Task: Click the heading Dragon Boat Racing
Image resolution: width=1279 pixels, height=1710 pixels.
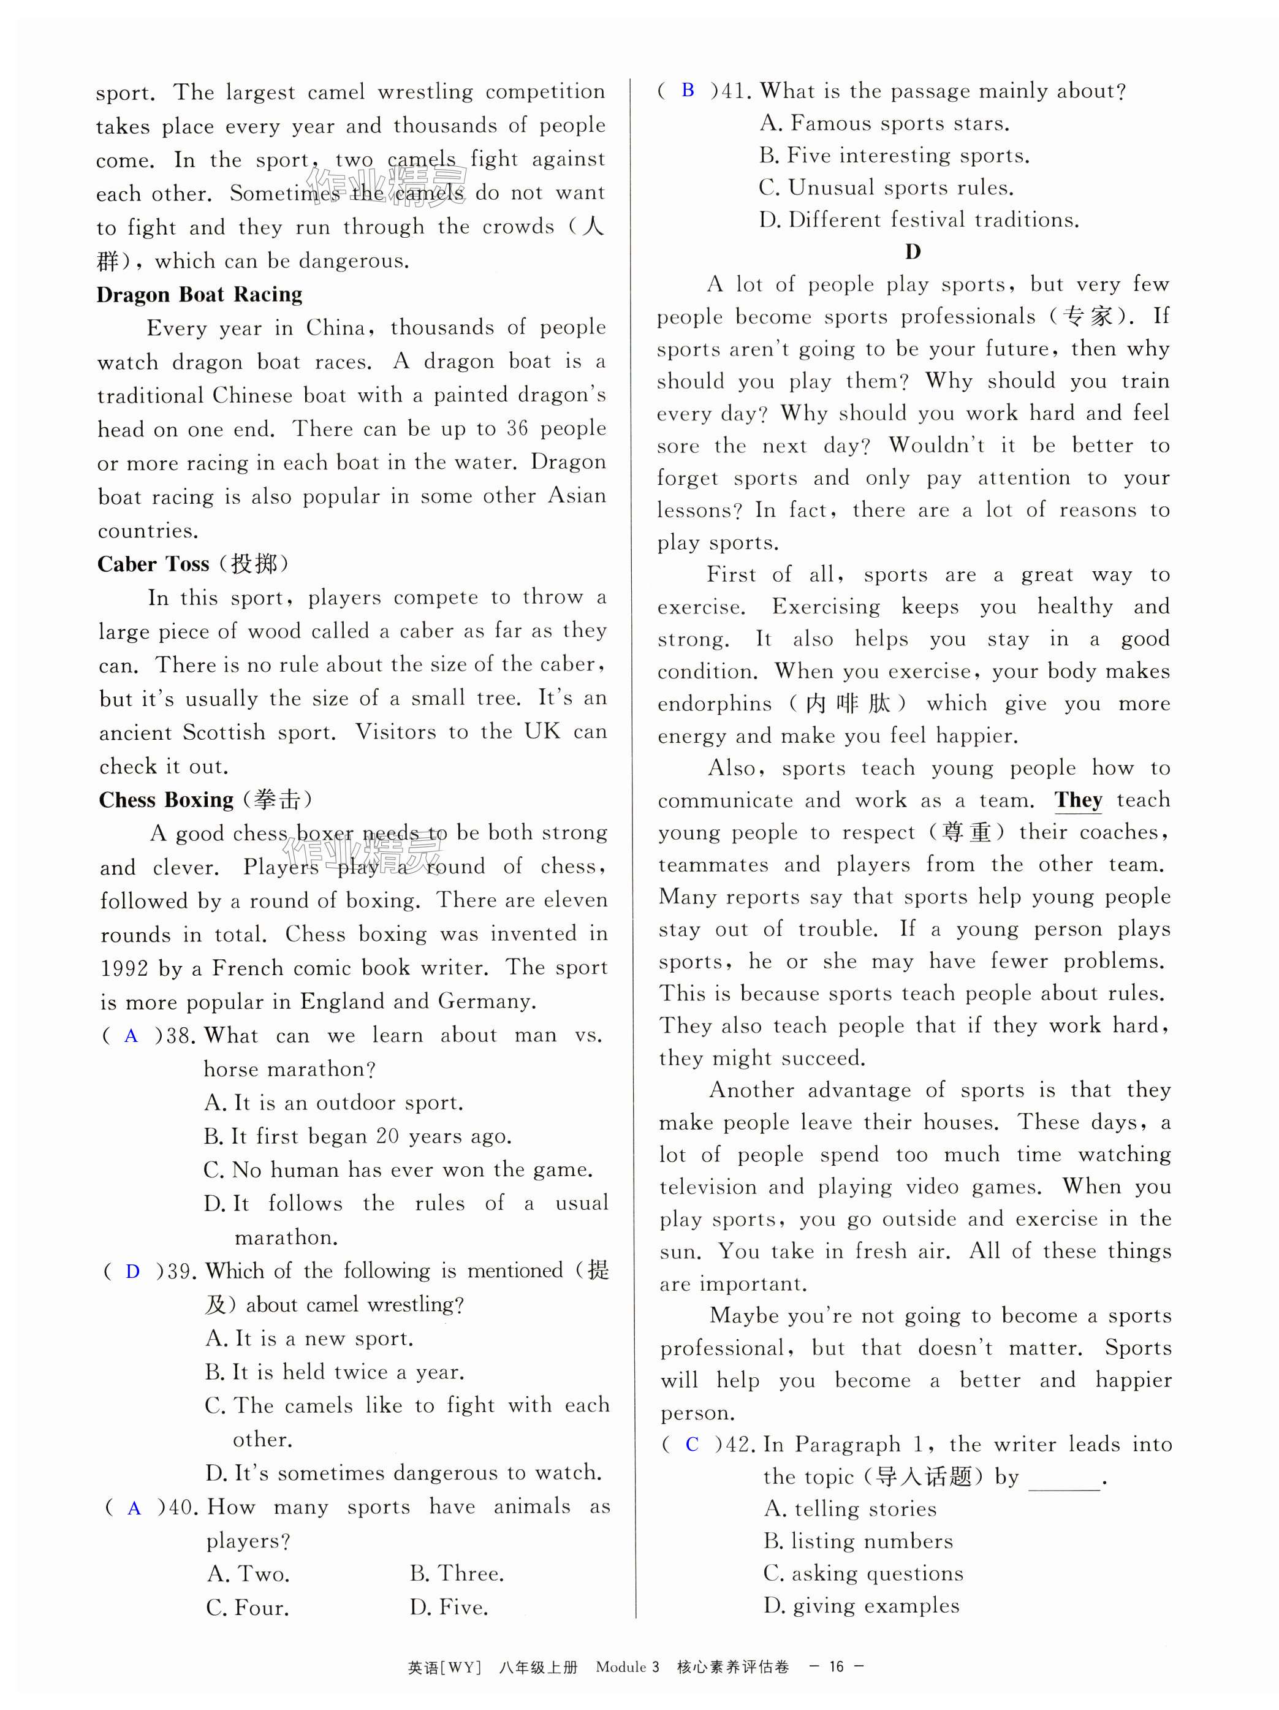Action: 199,295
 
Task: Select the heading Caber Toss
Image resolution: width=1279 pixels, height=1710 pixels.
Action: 153,564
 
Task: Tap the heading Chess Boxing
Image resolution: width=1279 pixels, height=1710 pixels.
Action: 166,799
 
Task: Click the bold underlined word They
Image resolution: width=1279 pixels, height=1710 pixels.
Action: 1078,800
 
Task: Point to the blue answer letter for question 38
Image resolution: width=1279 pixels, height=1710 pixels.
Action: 131,1036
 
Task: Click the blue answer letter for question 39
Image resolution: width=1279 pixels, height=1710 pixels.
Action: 133,1272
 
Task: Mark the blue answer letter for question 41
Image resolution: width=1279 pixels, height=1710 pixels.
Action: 688,91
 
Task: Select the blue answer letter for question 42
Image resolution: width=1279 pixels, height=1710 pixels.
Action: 693,1444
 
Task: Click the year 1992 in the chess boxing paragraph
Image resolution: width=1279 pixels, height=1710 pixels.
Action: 125,968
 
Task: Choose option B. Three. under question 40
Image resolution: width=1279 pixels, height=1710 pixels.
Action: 457,1573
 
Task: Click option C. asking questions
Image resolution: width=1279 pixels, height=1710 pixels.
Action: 862,1573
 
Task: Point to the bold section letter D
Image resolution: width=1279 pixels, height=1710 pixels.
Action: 913,252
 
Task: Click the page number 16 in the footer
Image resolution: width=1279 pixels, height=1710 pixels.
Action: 836,1666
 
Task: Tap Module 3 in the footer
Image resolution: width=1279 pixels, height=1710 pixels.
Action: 628,1666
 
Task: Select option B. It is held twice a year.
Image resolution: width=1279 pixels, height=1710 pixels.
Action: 334,1372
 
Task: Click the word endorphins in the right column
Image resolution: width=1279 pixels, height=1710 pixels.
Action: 714,704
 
